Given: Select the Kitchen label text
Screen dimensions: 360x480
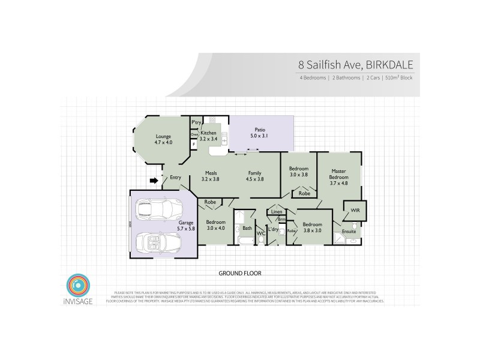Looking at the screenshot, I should pyautogui.click(x=208, y=136).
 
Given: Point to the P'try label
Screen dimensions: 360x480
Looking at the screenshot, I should pyautogui.click(x=195, y=122).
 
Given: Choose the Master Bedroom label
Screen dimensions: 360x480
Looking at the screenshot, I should pyautogui.click(x=339, y=177).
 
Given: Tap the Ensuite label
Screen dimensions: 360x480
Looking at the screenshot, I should pyautogui.click(x=349, y=231).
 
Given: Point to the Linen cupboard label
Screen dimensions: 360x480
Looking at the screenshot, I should pyautogui.click(x=276, y=212).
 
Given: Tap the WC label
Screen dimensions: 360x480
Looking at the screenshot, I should pyautogui.click(x=261, y=233).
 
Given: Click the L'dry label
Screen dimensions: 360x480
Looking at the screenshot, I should pyautogui.click(x=274, y=229).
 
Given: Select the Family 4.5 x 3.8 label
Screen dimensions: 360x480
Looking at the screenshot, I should pyautogui.click(x=255, y=176).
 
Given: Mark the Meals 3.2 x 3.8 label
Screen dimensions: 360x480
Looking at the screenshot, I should pyautogui.click(x=211, y=176).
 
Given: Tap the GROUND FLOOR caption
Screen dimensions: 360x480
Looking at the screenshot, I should pyautogui.click(x=240, y=273).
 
